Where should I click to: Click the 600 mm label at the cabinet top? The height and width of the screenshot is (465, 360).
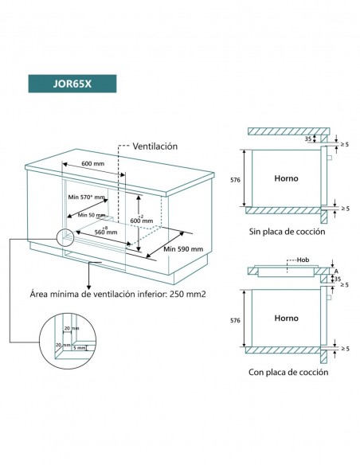pos(93,164)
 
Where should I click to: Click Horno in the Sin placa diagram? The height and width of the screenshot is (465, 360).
pos(286,179)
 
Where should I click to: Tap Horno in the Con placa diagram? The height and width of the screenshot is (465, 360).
pos(286,318)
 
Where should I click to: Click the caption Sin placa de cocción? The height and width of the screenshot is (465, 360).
pos(287,232)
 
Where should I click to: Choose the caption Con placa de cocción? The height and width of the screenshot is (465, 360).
pos(287,371)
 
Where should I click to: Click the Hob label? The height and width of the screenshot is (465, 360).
pos(302,260)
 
